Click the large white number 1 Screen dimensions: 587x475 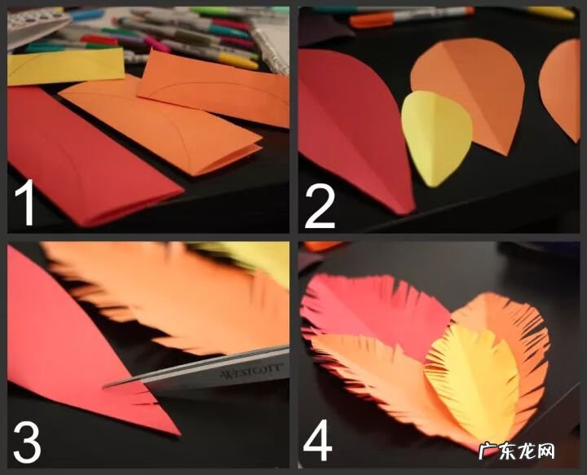(x=25, y=202)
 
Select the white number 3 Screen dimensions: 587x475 (x=27, y=443)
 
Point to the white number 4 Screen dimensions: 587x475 (x=317, y=440)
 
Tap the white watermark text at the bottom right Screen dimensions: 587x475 (x=517, y=451)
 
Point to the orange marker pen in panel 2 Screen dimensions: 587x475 (x=411, y=15)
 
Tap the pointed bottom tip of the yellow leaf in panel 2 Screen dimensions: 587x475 (x=431, y=186)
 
